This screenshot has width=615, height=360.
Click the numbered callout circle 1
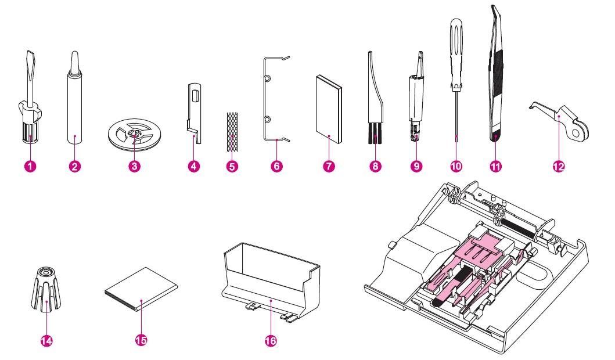pos(31,167)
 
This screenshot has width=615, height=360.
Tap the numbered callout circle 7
pos(329,167)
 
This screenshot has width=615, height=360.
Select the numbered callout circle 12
pos(559,167)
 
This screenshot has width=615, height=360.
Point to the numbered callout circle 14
pos(45,341)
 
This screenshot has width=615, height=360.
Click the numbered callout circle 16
pos(271,341)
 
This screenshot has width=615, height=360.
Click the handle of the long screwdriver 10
pos(455,41)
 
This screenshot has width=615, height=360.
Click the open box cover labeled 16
pos(273,279)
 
